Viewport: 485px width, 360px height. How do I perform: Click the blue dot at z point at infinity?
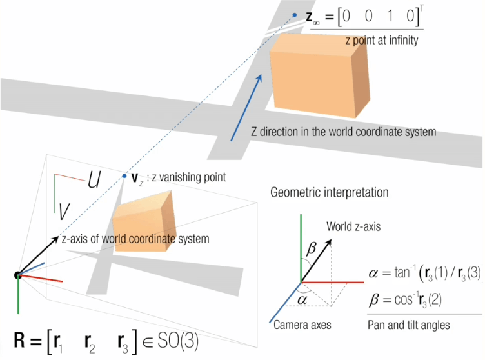coord(294,15)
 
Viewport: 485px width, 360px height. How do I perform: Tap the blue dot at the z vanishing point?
coord(124,175)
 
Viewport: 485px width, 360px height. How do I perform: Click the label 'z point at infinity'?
coord(381,39)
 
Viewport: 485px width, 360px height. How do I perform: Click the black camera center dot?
coord(18,275)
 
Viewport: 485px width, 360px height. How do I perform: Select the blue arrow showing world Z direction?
coord(246,106)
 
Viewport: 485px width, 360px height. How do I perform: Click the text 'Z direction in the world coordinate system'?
coord(343,132)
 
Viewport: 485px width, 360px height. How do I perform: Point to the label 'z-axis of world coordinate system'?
coord(135,239)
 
